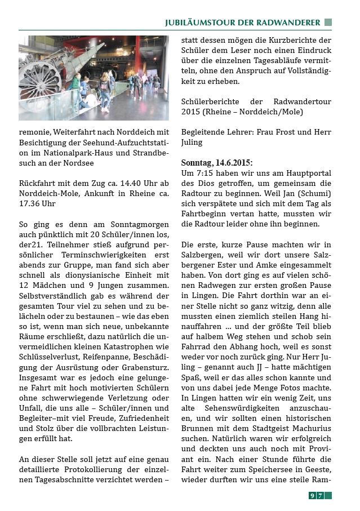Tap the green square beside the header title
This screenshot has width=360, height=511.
(x=328, y=23)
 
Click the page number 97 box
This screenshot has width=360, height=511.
(x=316, y=496)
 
